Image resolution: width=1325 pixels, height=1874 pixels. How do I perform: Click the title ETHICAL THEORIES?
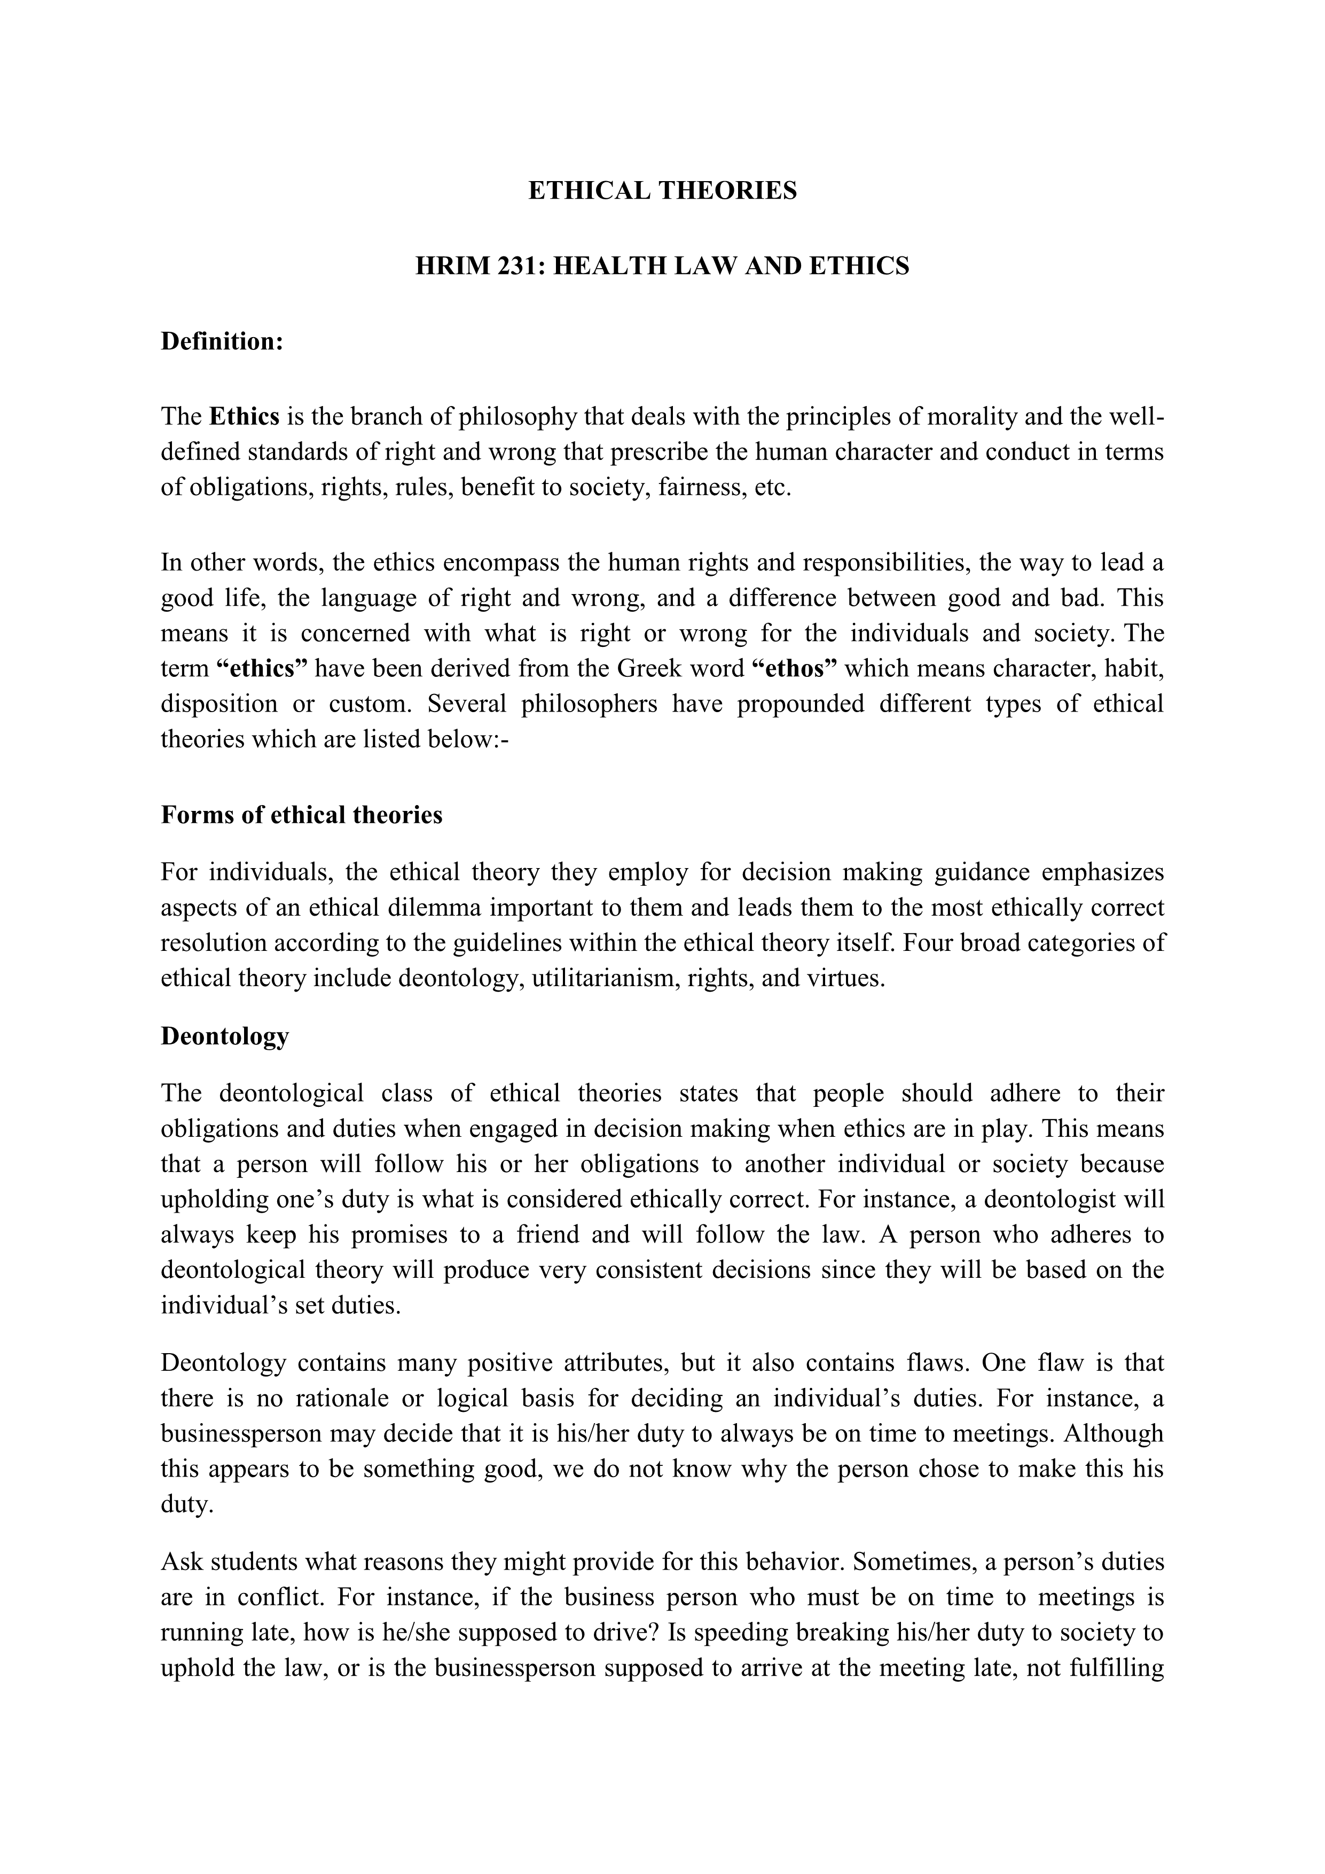point(662,191)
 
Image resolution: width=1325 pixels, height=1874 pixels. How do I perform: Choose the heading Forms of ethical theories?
point(301,815)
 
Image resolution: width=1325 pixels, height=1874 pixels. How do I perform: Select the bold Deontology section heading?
point(224,1036)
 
